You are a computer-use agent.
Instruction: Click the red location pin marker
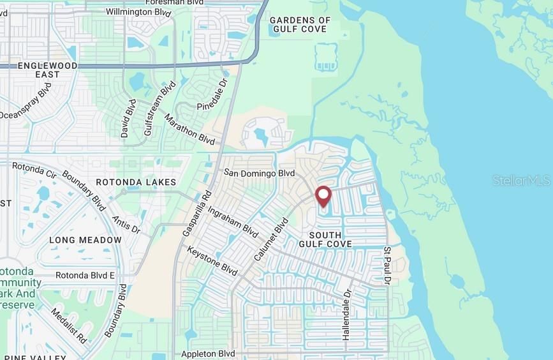323,196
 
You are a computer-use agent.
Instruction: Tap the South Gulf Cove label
325,240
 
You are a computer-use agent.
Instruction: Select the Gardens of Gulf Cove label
300,24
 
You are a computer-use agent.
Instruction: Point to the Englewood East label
47,70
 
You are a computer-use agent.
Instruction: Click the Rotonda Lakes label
136,183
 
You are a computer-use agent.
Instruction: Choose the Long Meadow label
85,240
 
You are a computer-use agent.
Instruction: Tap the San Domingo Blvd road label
259,173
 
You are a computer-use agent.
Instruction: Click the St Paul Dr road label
387,266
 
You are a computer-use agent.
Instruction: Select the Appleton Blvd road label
209,354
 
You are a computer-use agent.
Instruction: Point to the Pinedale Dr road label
212,94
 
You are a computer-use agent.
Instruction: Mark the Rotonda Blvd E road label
85,276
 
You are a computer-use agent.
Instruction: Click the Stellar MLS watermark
521,181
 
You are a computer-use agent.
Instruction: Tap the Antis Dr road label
126,225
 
